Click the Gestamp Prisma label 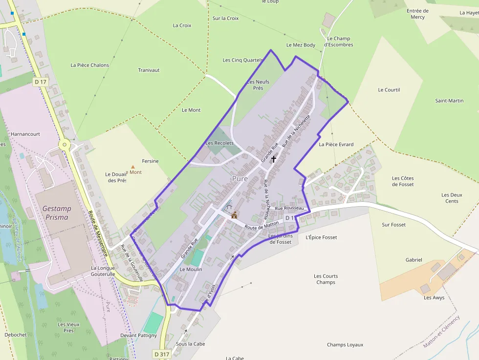tap(56, 212)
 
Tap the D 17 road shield tap(41, 82)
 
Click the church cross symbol tap(273, 159)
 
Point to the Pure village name tap(240, 179)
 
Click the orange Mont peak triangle tap(132, 167)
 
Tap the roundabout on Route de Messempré tap(65, 145)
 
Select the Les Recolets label tap(219, 143)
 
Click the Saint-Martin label tap(449, 101)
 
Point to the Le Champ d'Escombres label tap(339, 42)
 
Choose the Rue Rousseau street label tap(289, 208)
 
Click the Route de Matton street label tap(261, 225)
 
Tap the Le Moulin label tap(191, 269)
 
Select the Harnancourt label tap(25, 134)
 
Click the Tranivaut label tap(149, 70)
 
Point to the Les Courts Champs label tap(326, 279)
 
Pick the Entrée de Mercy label tap(418, 14)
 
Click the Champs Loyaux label tap(345, 345)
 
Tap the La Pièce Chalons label tap(90, 65)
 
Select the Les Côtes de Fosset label tap(403, 181)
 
